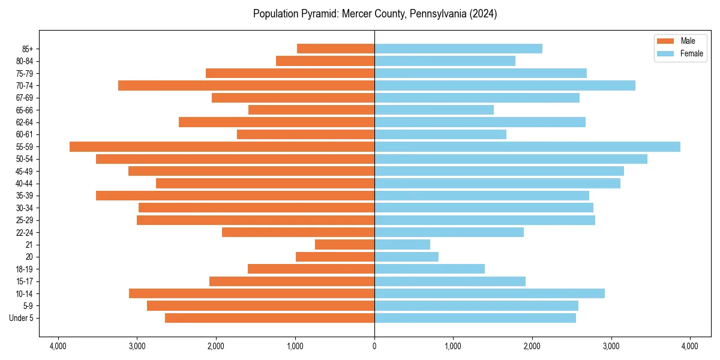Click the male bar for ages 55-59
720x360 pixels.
(x=222, y=146)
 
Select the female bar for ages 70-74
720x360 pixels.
(x=505, y=85)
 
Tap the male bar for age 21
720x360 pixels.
(x=344, y=244)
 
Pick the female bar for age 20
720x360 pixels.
(x=406, y=257)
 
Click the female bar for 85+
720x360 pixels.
(x=458, y=49)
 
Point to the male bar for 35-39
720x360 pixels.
(x=235, y=196)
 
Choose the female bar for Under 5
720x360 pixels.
(x=475, y=318)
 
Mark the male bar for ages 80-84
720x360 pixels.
(x=325, y=61)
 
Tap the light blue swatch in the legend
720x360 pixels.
(x=666, y=53)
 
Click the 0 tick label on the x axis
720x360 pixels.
(x=374, y=346)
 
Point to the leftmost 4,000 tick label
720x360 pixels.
(x=58, y=346)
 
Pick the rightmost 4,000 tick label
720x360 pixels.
(x=690, y=346)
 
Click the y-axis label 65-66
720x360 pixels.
(x=25, y=110)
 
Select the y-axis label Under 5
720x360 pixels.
(x=22, y=318)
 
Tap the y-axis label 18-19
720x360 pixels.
(x=25, y=269)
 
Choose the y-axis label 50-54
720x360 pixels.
(x=25, y=159)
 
